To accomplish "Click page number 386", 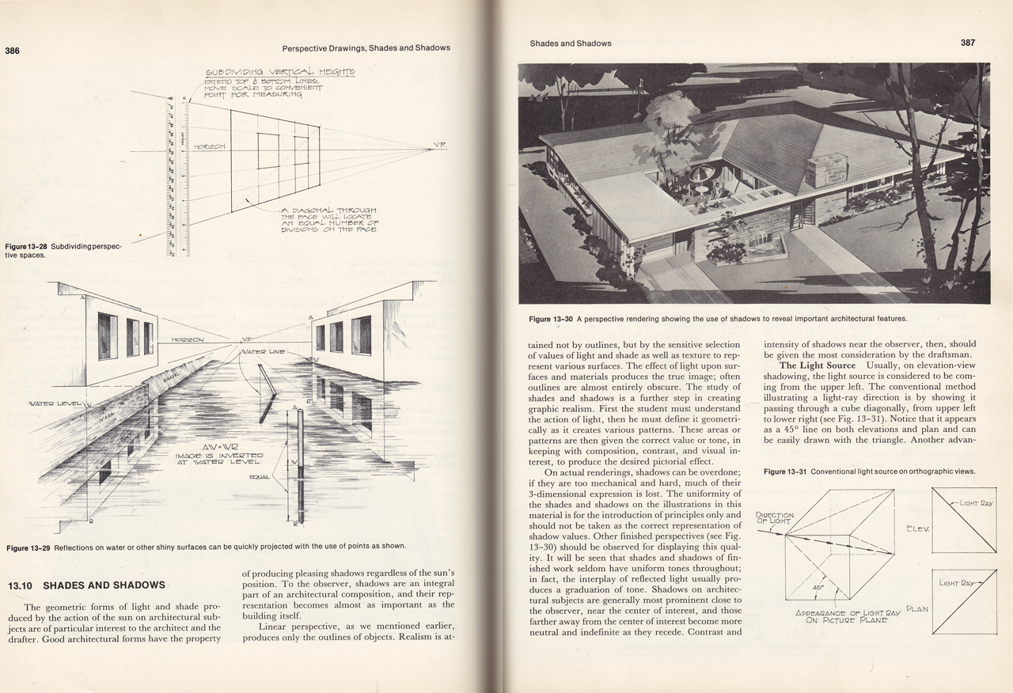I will tap(12, 51).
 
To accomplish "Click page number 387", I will tap(968, 43).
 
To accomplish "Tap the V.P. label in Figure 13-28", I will tap(440, 145).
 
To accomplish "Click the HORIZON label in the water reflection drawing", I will tap(188, 339).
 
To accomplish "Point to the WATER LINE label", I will tap(264, 350).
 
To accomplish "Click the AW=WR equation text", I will tap(217, 446).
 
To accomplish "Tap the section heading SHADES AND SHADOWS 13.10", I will tap(86, 585).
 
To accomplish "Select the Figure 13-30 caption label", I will tap(552, 319).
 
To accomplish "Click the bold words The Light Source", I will tap(818, 365).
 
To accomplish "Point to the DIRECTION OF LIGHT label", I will tap(775, 518).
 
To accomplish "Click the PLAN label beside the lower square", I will tap(916, 608).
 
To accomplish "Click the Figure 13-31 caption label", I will tap(785, 472).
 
